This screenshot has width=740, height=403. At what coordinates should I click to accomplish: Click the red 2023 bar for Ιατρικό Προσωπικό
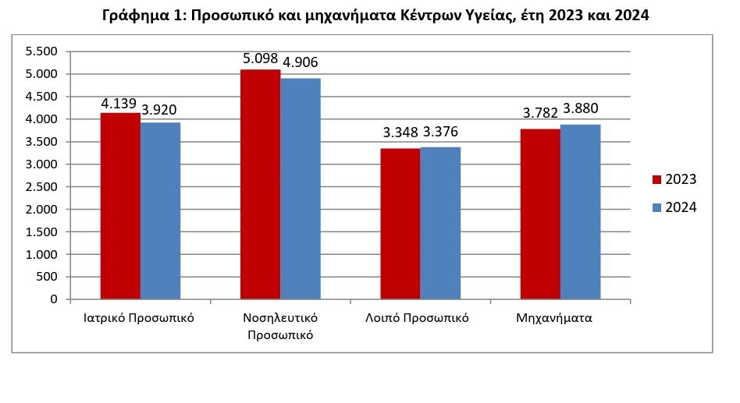[120, 206]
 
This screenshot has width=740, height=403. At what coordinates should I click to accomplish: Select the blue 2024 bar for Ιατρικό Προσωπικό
[160, 210]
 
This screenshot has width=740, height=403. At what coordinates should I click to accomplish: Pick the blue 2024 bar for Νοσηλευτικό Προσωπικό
[300, 189]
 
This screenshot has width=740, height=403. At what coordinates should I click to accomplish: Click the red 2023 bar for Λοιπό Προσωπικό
[400, 224]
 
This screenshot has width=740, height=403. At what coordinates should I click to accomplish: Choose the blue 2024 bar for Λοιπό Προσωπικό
[439, 223]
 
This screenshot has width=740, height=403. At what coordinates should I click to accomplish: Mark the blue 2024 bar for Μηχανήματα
[580, 211]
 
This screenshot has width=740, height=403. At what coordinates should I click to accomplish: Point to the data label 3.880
[581, 109]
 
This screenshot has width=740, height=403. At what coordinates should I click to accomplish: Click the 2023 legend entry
[674, 180]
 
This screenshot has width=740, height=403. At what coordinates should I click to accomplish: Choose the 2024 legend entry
[674, 207]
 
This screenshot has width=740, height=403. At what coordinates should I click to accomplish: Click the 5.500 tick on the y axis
[42, 51]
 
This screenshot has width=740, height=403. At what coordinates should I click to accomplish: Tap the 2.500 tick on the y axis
[42, 187]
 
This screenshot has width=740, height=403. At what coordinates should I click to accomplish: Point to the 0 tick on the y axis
[53, 299]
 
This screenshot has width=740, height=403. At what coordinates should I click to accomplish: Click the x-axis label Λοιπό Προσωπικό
[417, 318]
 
